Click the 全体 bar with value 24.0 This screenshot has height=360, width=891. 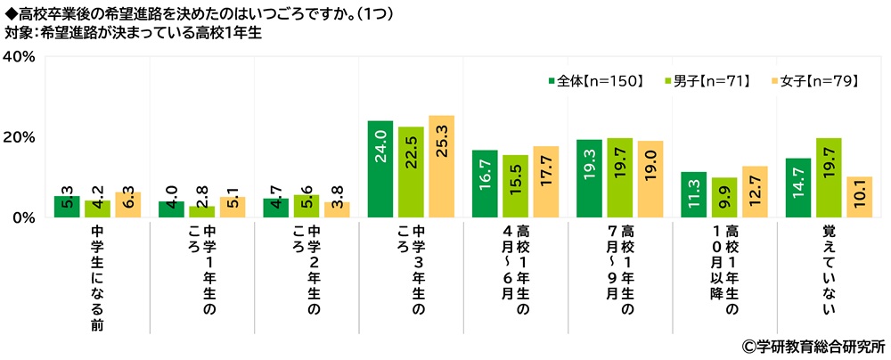380,169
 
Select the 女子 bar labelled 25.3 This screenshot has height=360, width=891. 441,167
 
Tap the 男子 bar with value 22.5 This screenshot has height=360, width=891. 411,172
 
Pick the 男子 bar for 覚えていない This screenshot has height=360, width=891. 828,178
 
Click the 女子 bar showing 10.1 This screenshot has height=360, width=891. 858,197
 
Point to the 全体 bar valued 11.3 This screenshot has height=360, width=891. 693,194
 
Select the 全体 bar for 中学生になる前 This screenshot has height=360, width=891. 67,207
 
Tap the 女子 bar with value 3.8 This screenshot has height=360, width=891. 337,209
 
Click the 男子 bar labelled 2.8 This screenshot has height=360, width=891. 201,211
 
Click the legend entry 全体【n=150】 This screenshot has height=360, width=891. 594,81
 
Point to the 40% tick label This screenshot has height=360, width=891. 19,57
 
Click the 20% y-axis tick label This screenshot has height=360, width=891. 19,137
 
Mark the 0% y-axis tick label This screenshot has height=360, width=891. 23,217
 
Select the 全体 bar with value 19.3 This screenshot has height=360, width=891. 589,178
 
